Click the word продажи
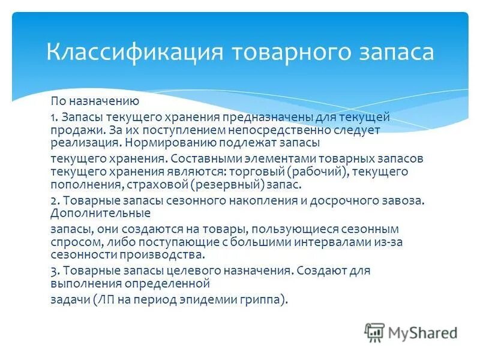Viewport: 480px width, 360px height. point(71,129)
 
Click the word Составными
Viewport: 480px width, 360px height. point(202,158)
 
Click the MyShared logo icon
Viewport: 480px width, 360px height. point(374,332)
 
